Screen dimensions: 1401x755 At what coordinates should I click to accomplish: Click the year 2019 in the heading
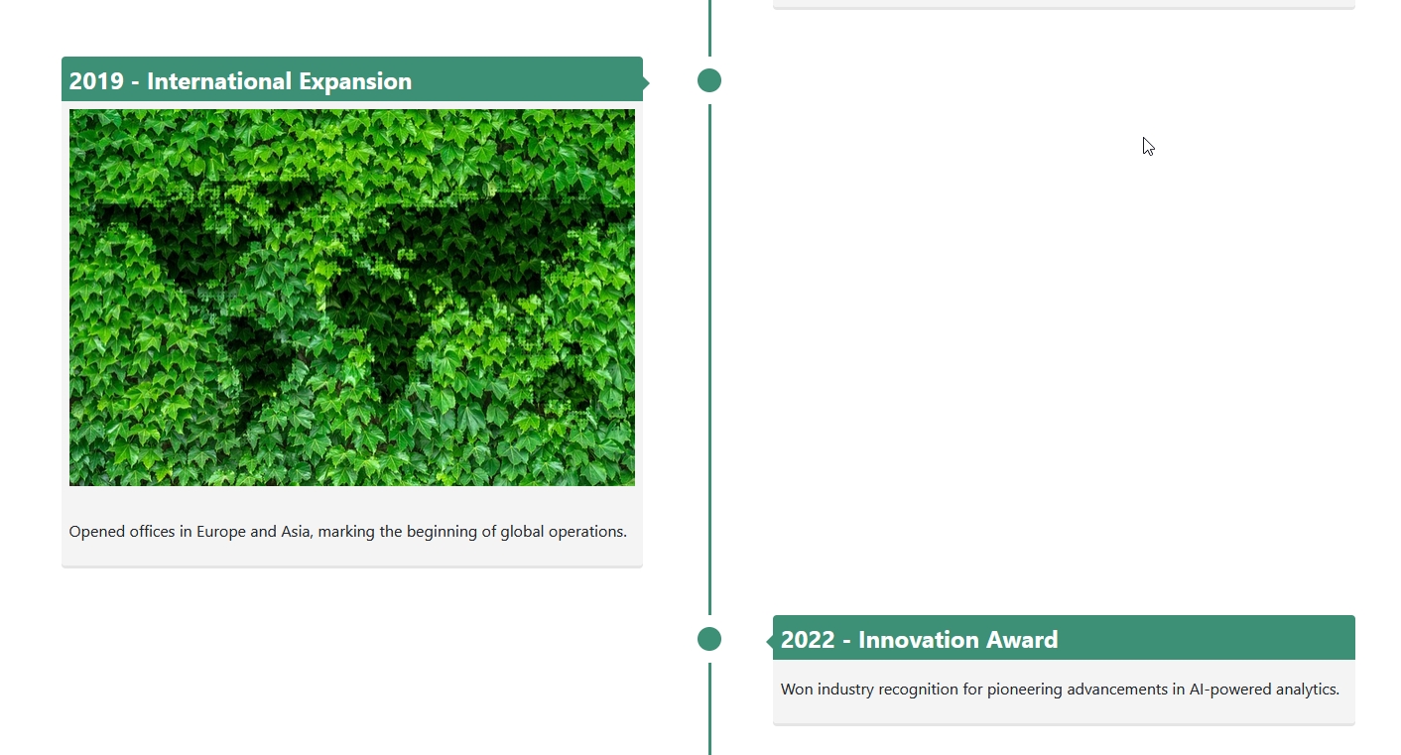96,81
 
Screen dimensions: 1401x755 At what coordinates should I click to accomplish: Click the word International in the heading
219,81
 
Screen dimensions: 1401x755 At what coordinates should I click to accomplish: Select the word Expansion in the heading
355,82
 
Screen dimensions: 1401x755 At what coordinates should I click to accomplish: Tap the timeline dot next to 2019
709,80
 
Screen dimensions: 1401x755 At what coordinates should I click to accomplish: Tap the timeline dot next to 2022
709,639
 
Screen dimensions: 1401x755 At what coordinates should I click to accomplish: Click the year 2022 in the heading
808,640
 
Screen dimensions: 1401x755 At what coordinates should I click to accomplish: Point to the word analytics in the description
1307,690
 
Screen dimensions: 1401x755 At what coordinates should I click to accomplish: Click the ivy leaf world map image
352,298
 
